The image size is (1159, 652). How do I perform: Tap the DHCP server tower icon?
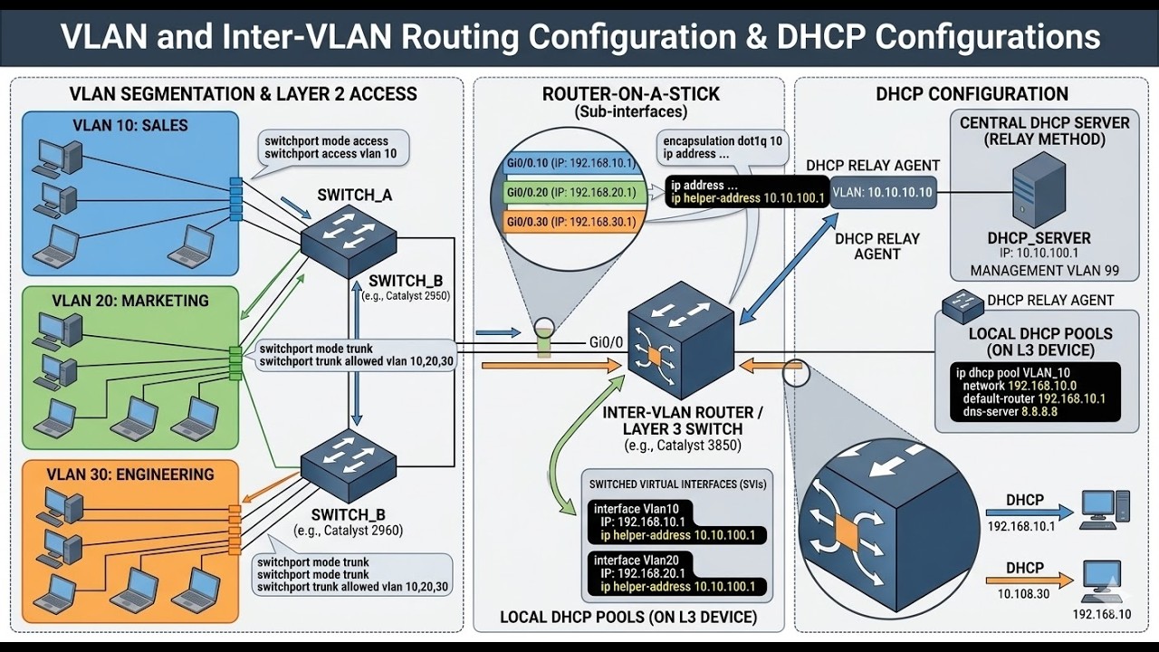[1038, 189]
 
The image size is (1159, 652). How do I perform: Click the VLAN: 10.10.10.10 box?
[882, 192]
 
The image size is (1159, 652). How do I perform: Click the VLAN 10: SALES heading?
[130, 126]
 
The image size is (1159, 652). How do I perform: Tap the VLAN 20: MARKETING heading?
[130, 301]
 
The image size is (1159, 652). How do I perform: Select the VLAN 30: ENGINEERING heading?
[132, 475]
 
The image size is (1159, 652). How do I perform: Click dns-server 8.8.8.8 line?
[1011, 412]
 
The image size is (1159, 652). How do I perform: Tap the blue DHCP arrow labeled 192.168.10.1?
[1039, 513]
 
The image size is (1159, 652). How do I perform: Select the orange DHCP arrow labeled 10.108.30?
[1039, 580]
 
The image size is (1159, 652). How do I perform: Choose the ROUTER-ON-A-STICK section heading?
[630, 94]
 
